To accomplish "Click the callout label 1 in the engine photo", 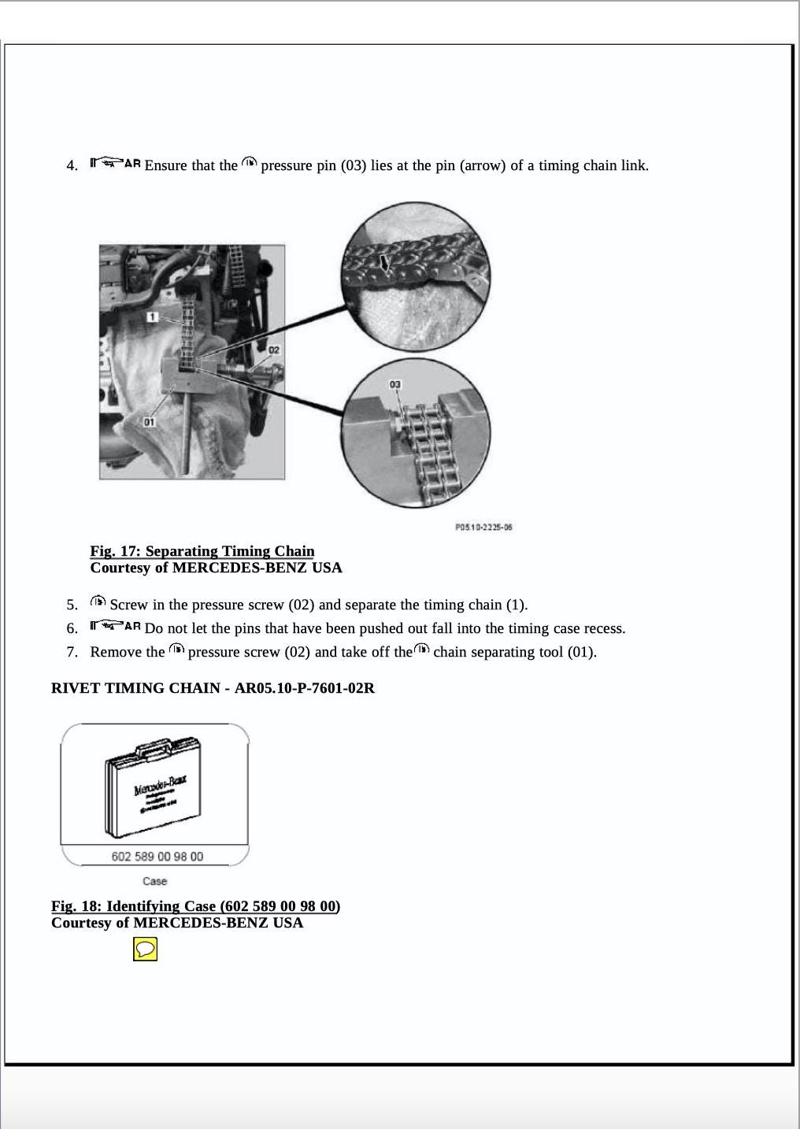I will click(x=153, y=316).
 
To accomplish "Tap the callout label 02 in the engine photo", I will click(x=274, y=349).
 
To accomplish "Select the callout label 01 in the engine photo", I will click(x=150, y=422).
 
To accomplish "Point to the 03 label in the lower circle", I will click(x=394, y=384).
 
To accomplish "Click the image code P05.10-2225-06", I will click(x=483, y=527).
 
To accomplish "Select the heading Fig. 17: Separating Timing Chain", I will click(x=202, y=551).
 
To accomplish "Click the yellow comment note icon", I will click(x=145, y=949).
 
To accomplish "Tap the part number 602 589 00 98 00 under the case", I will click(x=157, y=856).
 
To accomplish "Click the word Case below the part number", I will click(x=154, y=881).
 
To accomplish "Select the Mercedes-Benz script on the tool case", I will click(x=160, y=787).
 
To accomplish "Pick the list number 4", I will click(x=72, y=165).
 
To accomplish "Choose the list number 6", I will click(x=72, y=628).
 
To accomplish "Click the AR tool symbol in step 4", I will click(x=115, y=164).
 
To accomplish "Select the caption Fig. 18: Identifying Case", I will click(x=195, y=906).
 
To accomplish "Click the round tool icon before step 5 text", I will click(x=98, y=602).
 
